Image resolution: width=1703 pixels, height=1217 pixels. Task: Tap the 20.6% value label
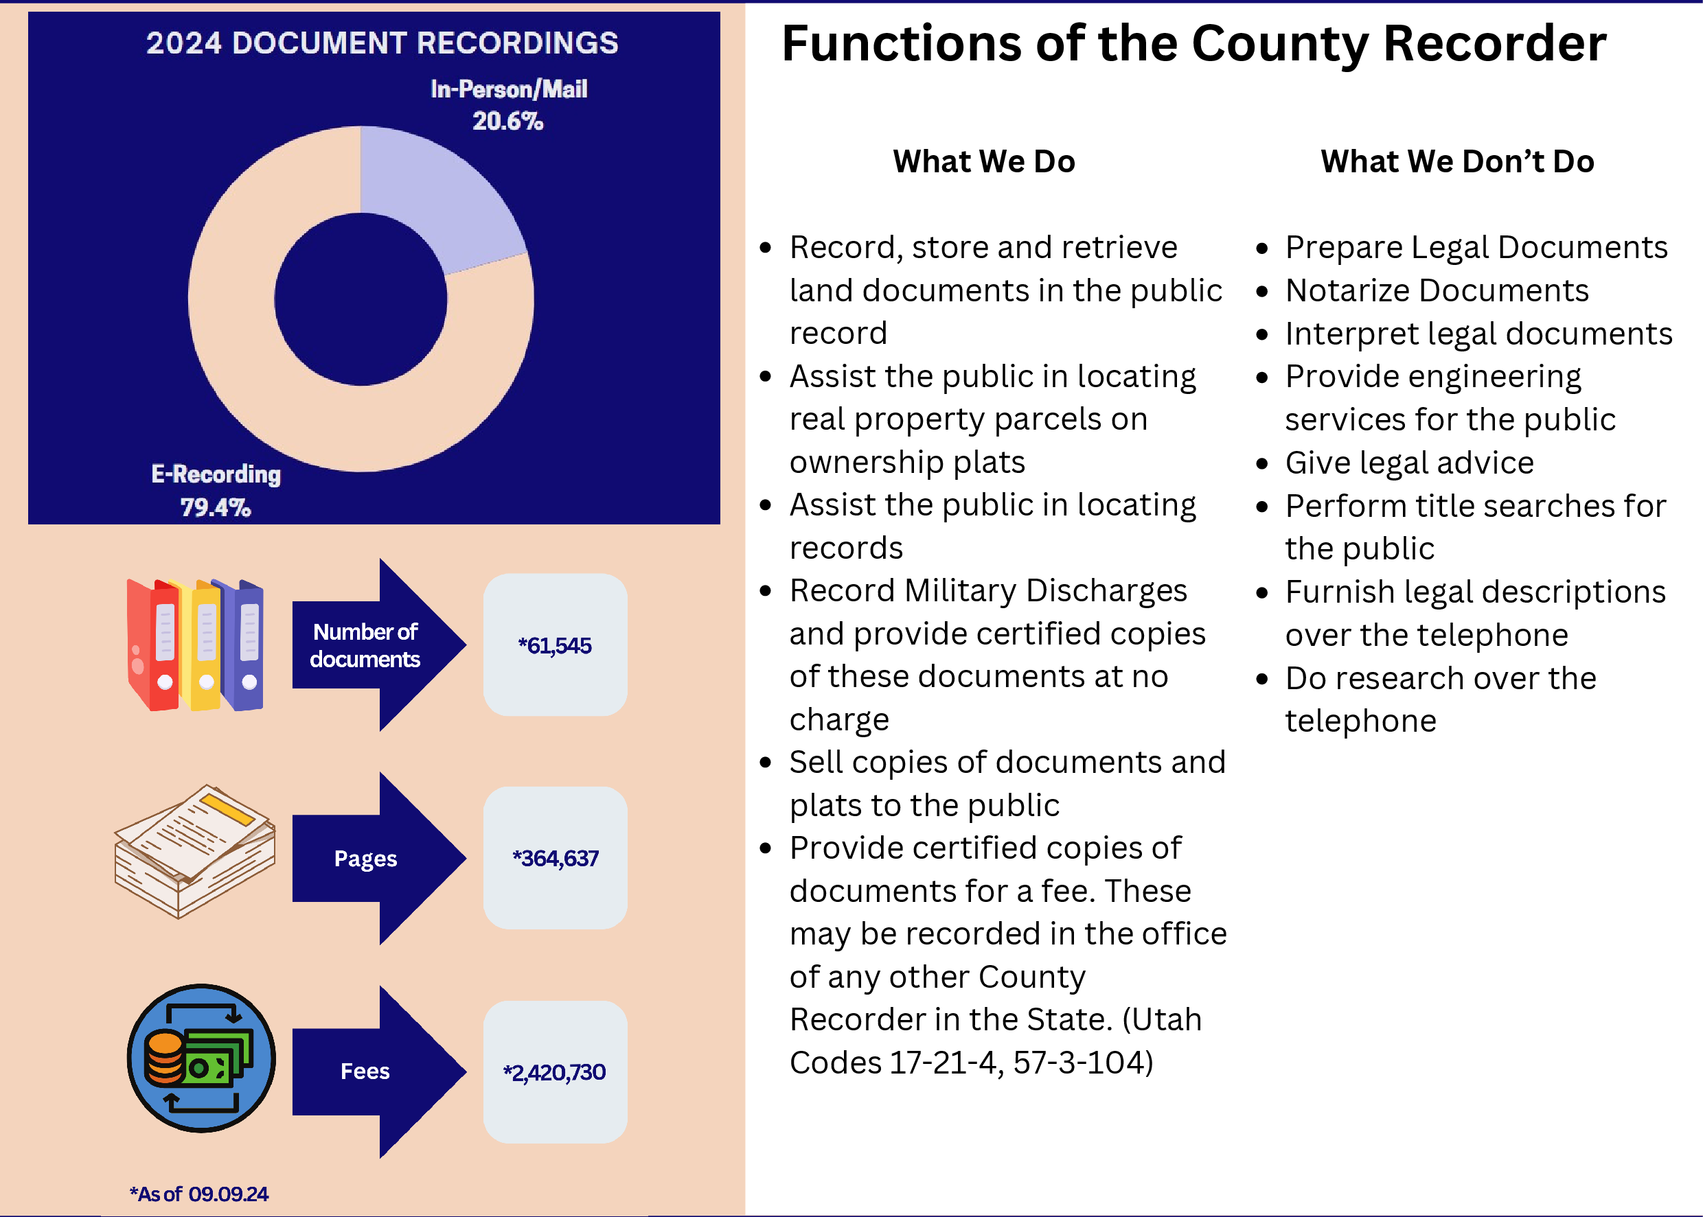click(x=507, y=121)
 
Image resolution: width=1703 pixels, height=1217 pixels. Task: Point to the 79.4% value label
click(x=216, y=507)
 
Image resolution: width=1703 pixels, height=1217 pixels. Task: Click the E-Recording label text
click(x=216, y=474)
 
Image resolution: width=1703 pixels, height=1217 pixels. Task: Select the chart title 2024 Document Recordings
click(x=382, y=43)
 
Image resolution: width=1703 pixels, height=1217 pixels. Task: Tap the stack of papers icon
click(x=195, y=851)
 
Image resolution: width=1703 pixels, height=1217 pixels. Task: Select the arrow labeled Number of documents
click(x=379, y=645)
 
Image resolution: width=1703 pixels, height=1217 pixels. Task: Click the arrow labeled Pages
click(x=379, y=858)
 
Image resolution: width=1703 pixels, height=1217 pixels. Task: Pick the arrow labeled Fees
click(x=379, y=1071)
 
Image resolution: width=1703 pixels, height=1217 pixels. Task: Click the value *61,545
click(x=555, y=645)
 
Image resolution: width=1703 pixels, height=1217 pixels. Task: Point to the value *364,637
click(x=556, y=858)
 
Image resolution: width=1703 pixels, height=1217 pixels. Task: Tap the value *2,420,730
click(x=555, y=1072)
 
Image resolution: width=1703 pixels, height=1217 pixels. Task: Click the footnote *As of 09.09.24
click(x=198, y=1194)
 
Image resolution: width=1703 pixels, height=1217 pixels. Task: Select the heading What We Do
click(x=984, y=161)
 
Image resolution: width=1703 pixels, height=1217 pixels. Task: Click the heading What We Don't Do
click(x=1457, y=161)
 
